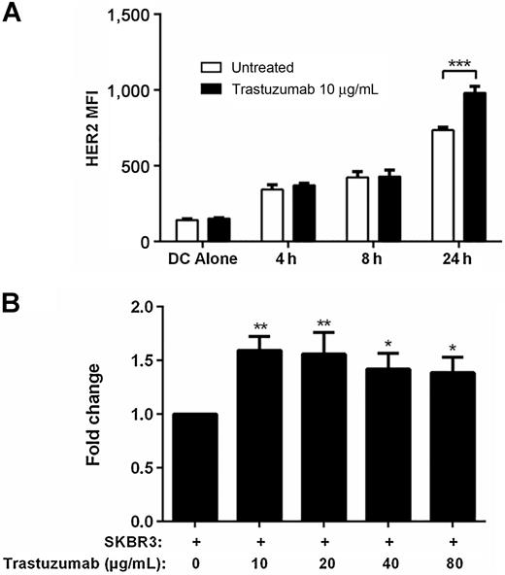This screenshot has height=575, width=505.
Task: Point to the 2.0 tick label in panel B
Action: [117, 307]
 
